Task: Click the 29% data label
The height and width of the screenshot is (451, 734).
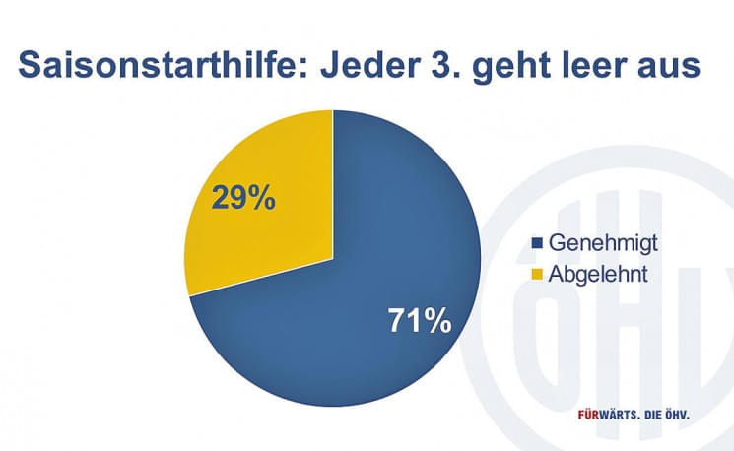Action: [x=243, y=199]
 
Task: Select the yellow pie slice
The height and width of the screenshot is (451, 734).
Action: [x=261, y=197]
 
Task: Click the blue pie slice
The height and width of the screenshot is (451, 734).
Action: [x=355, y=315]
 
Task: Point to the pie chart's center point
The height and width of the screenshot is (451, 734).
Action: [x=333, y=258]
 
